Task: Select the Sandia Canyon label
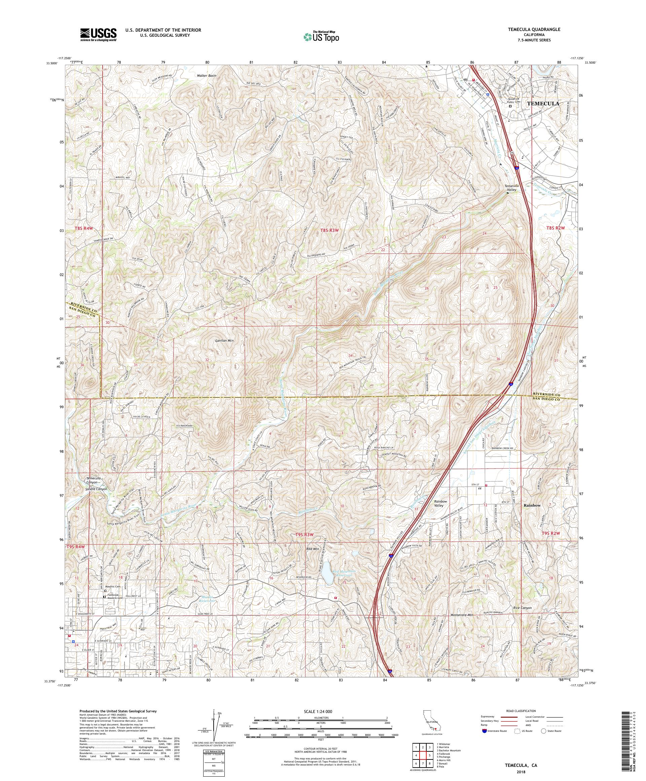[96, 489]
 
